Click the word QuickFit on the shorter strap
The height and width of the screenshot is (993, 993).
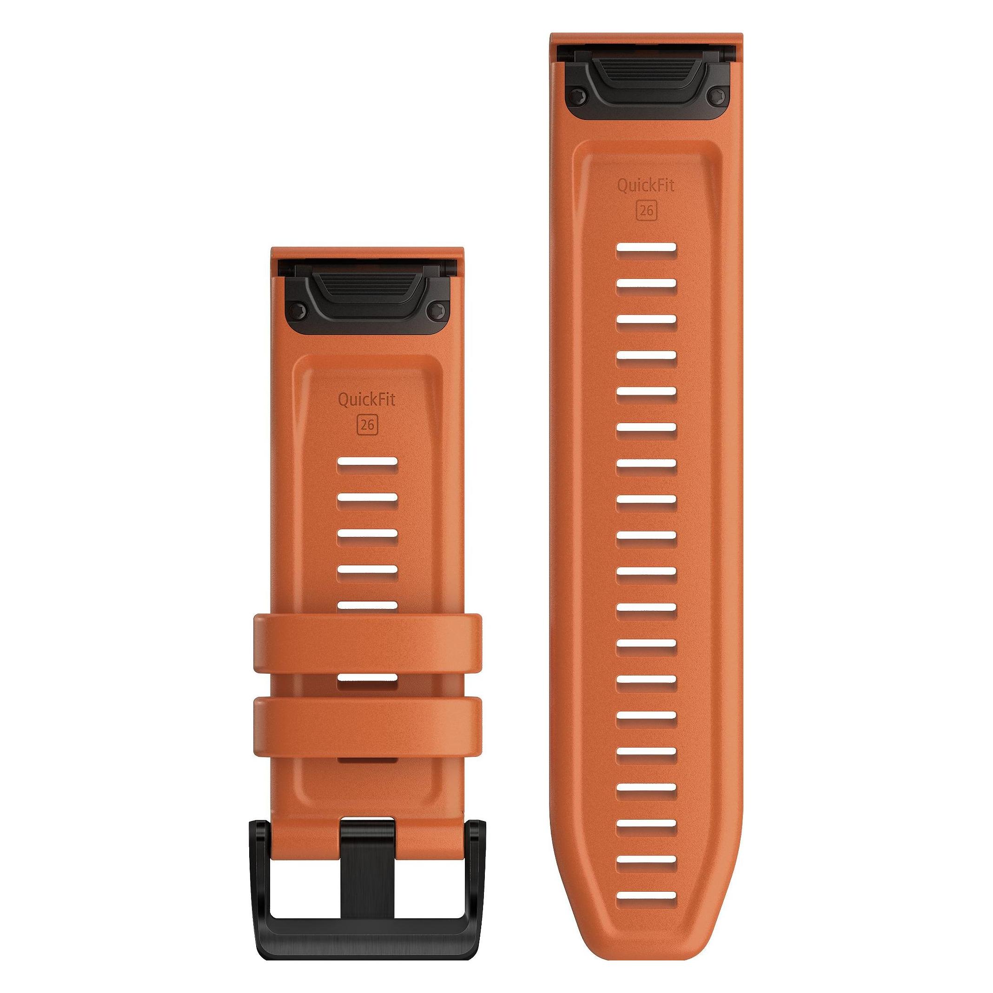pos(366,399)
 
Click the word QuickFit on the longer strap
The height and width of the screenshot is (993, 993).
pos(646,186)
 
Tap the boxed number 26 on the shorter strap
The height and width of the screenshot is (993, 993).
pos(366,424)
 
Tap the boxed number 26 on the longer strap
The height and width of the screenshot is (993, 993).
pos(646,211)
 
